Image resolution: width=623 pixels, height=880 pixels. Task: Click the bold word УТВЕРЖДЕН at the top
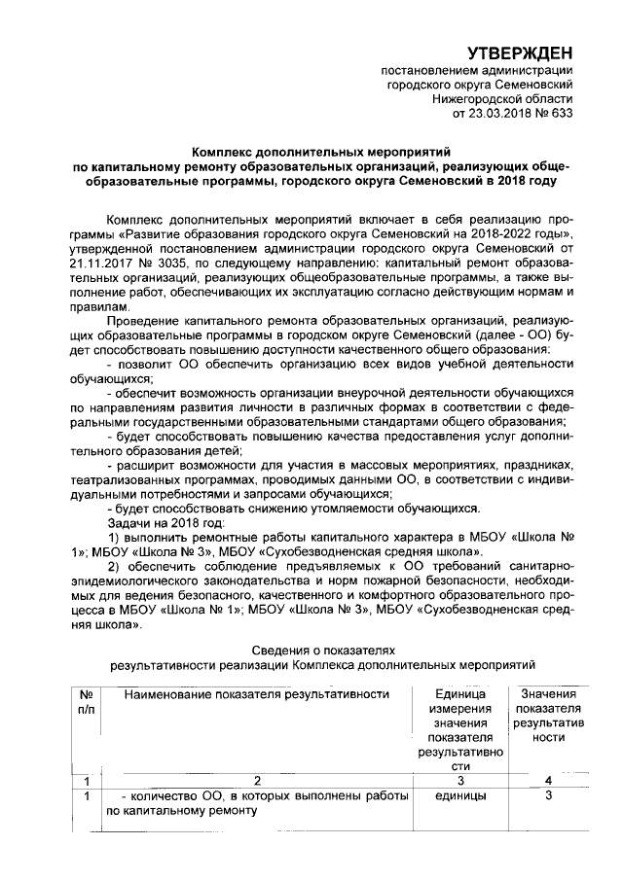coord(517,52)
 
